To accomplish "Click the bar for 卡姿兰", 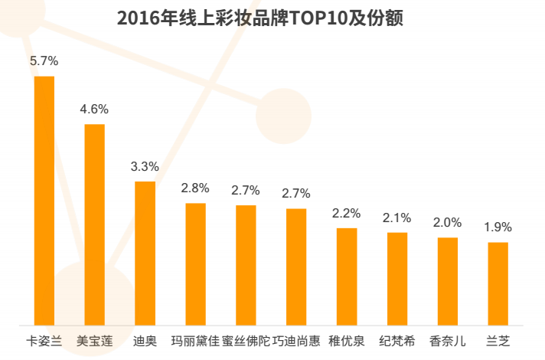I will point(44,201).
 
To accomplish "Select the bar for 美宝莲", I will point(95,224).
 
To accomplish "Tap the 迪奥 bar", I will point(145,254).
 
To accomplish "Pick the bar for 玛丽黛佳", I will point(195,264).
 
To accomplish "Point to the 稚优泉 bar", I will point(347,277).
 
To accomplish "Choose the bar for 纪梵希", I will point(397,279).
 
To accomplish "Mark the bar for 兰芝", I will point(498,283).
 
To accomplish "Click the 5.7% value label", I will point(44,61).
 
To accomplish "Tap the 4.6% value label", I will point(95,109).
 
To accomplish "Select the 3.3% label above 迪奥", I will point(145,166).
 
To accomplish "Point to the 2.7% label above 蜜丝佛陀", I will point(246,190).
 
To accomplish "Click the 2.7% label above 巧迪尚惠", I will point(296,193).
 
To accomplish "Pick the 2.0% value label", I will point(448,222).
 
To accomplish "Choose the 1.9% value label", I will point(498,227).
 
